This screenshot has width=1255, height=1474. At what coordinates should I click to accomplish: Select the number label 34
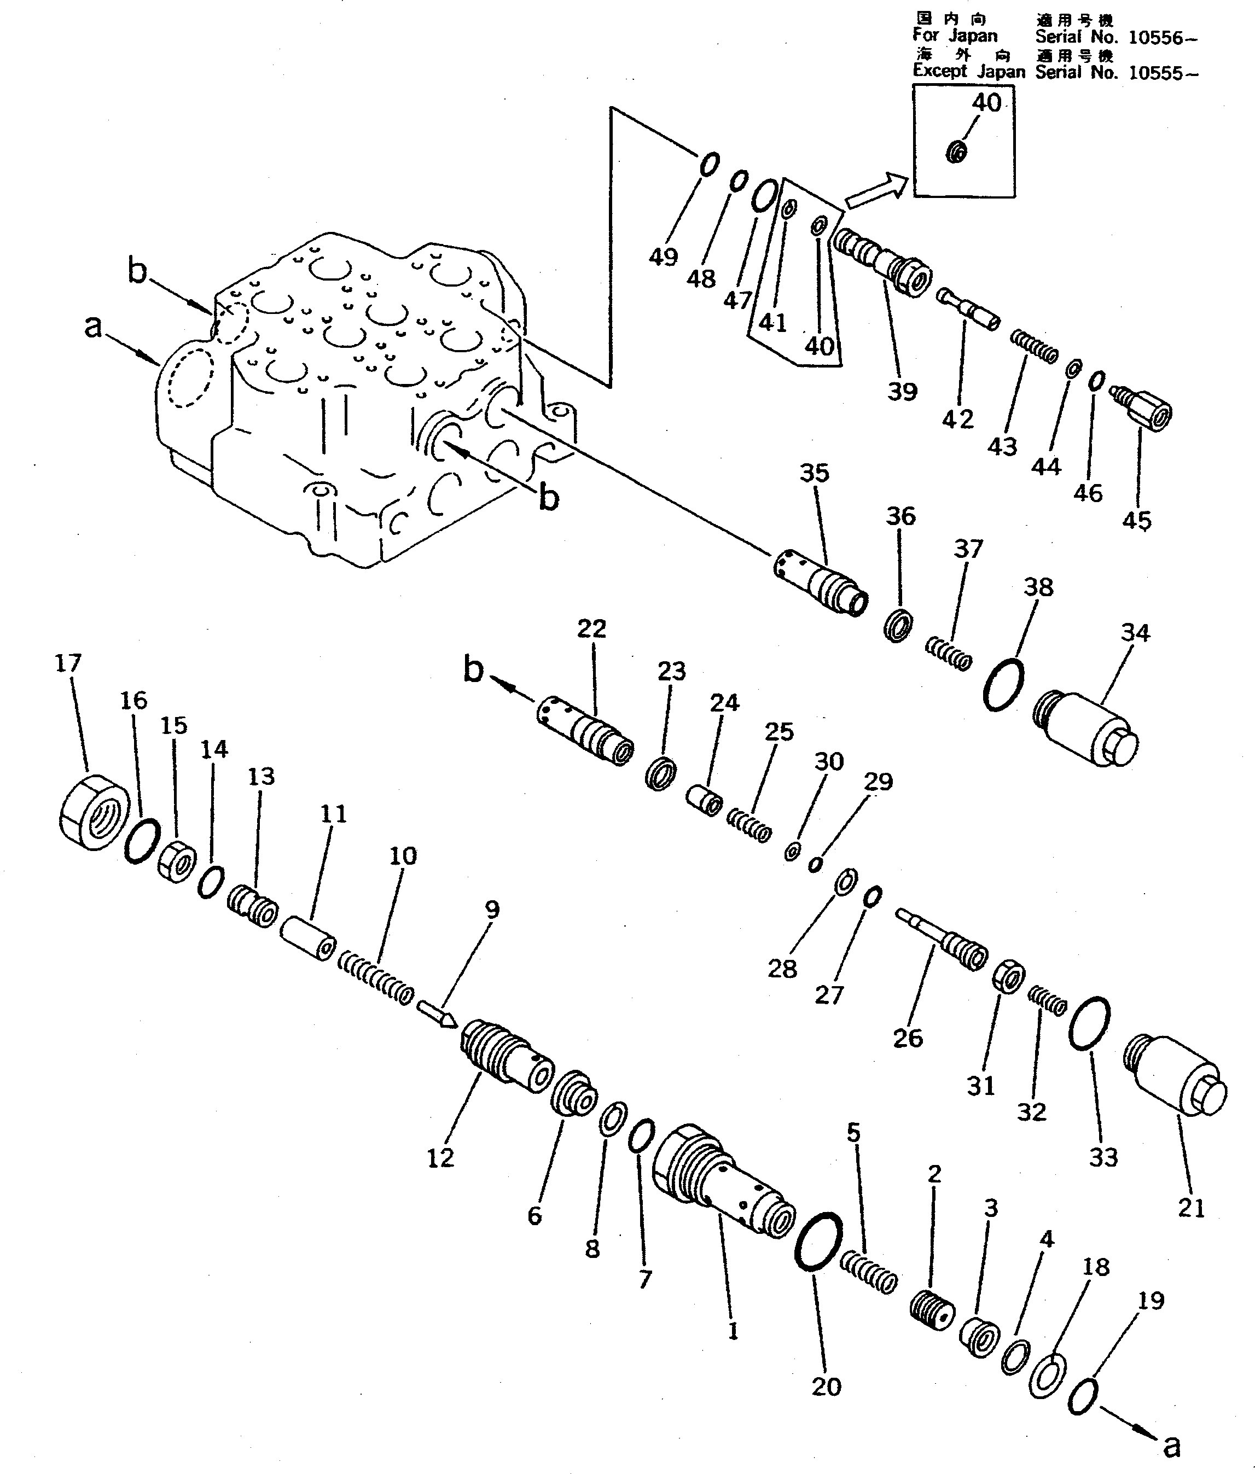click(1135, 632)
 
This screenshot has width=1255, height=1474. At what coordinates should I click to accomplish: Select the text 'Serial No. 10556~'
click(1115, 38)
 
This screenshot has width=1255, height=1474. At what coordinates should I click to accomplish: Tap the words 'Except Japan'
click(968, 71)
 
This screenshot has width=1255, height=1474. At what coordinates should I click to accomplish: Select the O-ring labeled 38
click(1004, 684)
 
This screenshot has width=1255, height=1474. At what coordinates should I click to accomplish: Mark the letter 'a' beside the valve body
click(93, 326)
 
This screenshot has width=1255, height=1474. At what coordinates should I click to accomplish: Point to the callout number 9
click(492, 908)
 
